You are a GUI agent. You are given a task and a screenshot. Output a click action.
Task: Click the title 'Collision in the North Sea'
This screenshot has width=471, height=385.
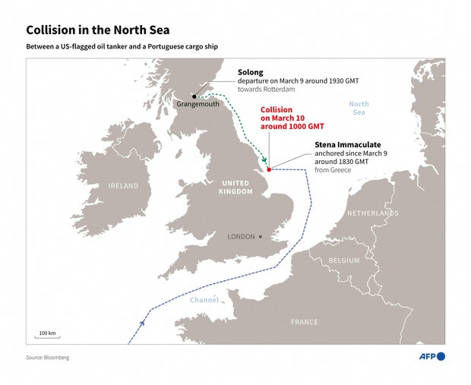click(97, 30)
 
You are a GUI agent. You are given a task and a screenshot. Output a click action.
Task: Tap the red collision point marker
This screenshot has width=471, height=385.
click(270, 169)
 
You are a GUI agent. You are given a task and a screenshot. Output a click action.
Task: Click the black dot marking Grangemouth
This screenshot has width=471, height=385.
click(194, 96)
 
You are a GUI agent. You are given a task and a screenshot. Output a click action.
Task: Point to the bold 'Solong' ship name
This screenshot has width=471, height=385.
click(251, 72)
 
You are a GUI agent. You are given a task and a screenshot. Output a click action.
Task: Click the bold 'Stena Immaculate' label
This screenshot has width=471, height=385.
click(348, 144)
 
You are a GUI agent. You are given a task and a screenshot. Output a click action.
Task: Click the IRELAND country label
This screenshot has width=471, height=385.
click(123, 186)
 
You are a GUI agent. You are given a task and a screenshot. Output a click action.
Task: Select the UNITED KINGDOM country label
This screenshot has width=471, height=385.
click(235, 188)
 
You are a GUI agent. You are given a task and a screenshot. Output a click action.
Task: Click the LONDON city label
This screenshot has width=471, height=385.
click(242, 237)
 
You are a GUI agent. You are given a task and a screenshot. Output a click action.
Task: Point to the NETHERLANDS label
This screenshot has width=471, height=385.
click(372, 213)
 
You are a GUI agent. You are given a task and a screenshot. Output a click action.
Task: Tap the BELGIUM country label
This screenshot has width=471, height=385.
click(344, 260)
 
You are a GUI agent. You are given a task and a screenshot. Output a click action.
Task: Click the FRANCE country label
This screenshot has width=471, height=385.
click(305, 322)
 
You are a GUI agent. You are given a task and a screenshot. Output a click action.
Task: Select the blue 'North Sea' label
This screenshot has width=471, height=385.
click(359, 108)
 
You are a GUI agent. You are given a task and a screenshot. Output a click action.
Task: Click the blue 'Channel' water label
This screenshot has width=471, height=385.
click(204, 300)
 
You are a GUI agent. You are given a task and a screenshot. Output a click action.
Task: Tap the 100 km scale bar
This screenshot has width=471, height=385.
click(49, 335)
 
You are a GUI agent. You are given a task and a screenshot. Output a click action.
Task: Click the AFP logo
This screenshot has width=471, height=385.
click(431, 356)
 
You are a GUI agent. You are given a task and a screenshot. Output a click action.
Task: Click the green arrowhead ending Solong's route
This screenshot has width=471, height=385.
click(264, 160)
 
